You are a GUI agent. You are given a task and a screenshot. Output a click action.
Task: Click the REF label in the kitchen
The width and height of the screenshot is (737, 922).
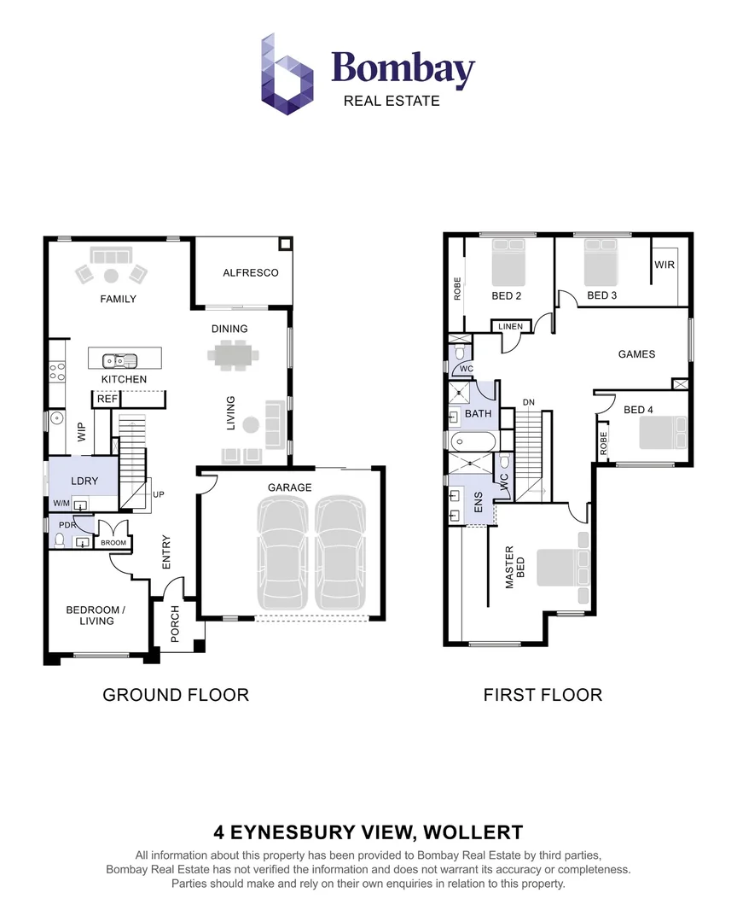tap(107, 399)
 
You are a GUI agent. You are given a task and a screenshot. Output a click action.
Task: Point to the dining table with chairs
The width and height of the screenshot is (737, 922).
tap(230, 354)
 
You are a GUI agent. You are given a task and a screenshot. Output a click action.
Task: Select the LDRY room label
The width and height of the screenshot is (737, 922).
tap(84, 481)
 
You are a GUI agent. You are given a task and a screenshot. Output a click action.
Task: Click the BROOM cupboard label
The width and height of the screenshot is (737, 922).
tap(113, 543)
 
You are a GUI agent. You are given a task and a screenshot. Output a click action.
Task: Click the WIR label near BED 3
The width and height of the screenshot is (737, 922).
tap(664, 265)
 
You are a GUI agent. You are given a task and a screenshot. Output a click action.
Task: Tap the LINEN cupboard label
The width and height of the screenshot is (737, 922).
tap(511, 327)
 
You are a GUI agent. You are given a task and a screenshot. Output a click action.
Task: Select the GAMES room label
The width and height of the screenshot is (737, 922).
tap(636, 354)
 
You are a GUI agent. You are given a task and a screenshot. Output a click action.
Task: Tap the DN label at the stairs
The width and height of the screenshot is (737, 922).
tap(529, 402)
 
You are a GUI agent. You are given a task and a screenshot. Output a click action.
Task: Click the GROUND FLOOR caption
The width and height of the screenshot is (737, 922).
tap(176, 695)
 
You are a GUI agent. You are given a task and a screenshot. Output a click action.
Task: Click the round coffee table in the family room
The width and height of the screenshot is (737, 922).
tap(111, 275)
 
